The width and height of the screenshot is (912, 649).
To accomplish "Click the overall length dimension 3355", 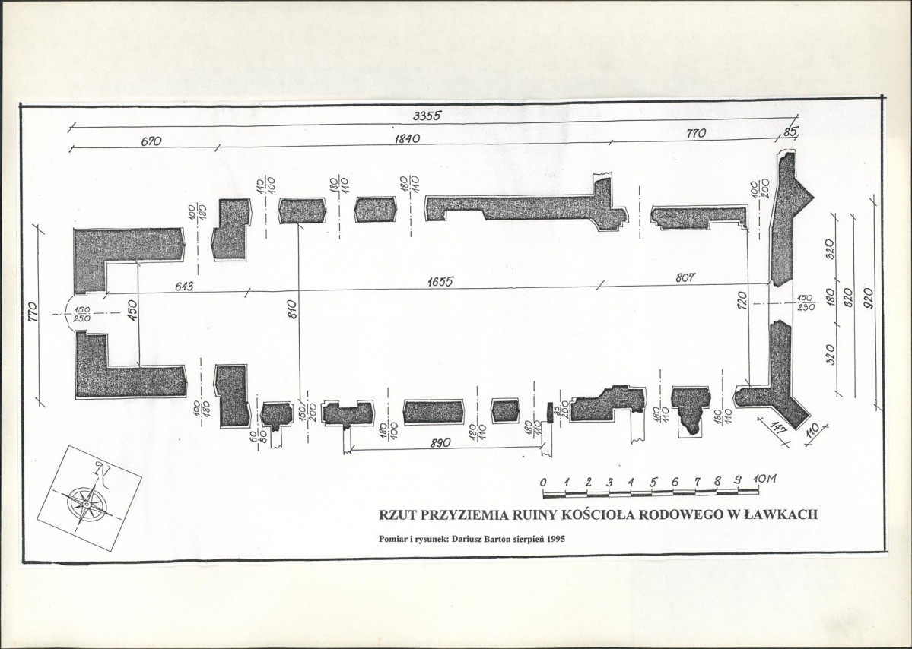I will coord(427,116).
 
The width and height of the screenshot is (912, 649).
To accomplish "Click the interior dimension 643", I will coord(184,287).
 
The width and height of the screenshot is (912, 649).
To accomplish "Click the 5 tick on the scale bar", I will coord(653,482).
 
